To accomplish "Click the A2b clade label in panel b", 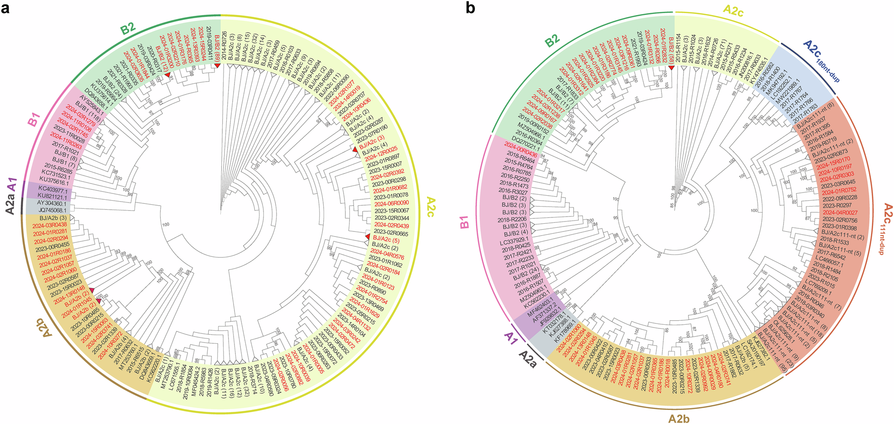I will point(679,418).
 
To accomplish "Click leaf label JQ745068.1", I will point(53,210).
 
